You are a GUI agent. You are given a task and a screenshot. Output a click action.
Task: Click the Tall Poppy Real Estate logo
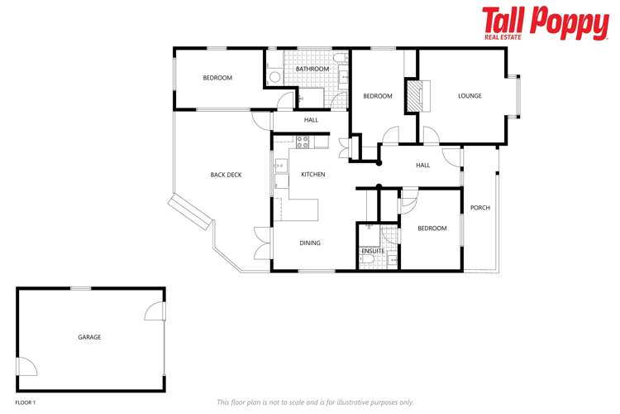tap(545, 23)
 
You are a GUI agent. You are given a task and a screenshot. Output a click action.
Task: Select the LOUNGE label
tap(470, 96)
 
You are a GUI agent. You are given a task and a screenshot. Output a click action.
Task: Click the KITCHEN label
tap(312, 175)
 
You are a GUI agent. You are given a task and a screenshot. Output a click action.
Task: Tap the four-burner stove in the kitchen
tap(303, 141)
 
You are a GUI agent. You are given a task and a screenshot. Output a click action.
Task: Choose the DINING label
tap(310, 243)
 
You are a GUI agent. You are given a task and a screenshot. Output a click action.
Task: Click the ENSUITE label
tap(372, 250)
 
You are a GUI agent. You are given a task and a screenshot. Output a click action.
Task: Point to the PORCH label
tap(479, 208)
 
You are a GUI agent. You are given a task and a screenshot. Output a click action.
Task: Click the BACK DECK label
tap(226, 175)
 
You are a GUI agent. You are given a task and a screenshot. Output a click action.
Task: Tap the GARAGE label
tap(89, 337)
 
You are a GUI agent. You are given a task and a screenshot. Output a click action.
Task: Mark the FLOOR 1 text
tap(26, 402)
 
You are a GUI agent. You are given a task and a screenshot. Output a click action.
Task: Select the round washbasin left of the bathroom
tap(274, 76)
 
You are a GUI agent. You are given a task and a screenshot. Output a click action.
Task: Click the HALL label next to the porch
tap(423, 166)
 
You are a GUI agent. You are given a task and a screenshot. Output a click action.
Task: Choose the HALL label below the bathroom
tap(311, 120)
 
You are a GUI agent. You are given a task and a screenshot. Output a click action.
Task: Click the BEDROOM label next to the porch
tap(432, 229)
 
